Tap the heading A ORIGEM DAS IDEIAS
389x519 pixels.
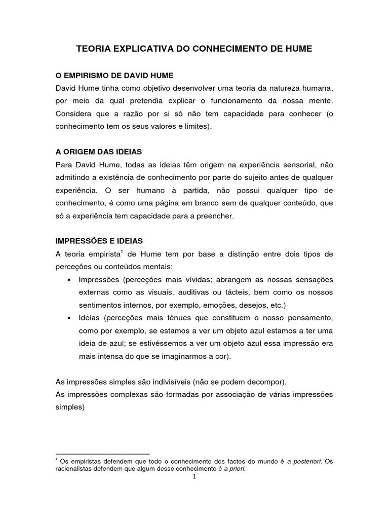98,151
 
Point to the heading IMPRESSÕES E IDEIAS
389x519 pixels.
100,240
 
